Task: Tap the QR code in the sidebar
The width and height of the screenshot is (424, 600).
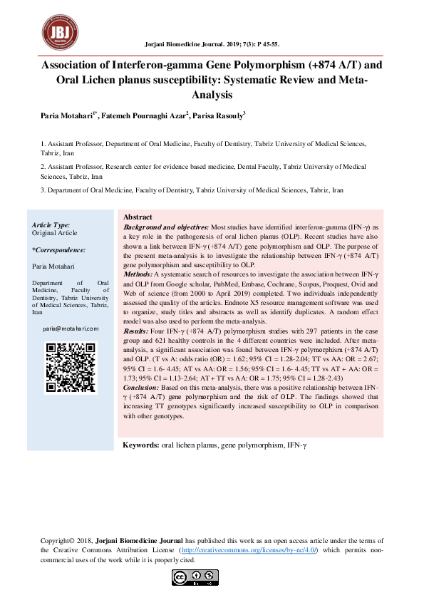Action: pos(71,368)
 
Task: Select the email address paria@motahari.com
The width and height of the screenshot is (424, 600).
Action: pos(71,329)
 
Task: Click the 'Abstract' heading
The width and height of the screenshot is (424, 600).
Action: pos(138,217)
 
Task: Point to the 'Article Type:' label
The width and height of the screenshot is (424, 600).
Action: pos(51,224)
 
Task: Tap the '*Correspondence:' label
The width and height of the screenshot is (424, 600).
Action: pos(59,250)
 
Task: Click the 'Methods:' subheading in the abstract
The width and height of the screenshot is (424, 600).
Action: pos(138,274)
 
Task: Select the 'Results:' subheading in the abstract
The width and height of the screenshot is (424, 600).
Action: pos(136,331)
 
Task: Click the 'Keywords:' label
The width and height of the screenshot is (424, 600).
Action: pos(140,445)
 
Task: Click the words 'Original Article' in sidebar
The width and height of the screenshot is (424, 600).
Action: pos(55,233)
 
